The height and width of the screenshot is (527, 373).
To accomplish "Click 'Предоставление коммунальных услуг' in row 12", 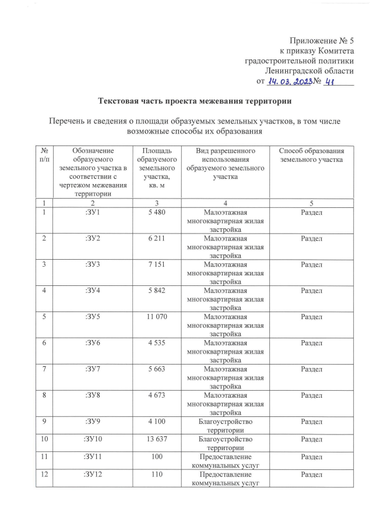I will [x=224, y=479].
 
